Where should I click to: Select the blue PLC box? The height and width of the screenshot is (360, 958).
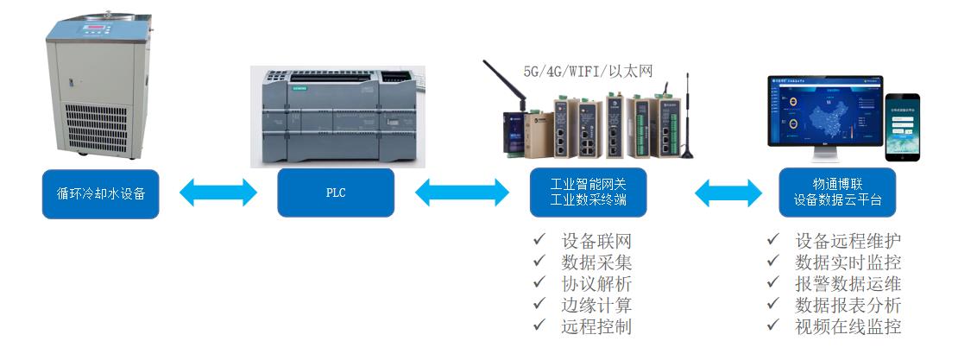coord(336,193)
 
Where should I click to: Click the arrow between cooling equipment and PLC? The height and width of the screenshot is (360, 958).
coord(218,193)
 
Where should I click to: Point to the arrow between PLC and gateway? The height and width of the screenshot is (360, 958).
coord(463,193)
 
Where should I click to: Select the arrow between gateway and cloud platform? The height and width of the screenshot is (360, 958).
coord(714,193)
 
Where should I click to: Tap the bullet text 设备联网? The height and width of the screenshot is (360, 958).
coord(596,241)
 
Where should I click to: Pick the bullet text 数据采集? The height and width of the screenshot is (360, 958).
coord(596,262)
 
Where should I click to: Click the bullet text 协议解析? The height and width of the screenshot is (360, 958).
coord(596,283)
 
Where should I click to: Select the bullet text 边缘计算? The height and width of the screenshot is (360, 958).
coord(596,305)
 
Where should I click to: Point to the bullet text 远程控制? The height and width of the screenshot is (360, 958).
coord(596,326)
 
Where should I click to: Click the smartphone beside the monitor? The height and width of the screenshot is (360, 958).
coord(902,127)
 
